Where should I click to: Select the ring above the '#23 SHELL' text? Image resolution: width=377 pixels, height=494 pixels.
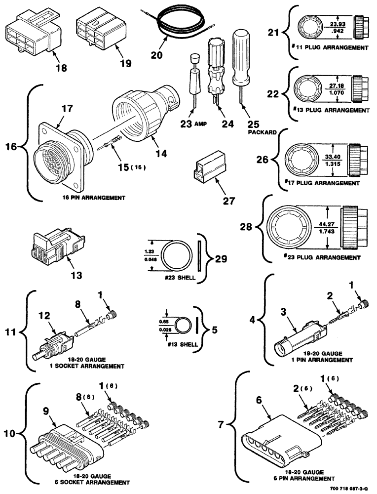click(178, 256)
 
